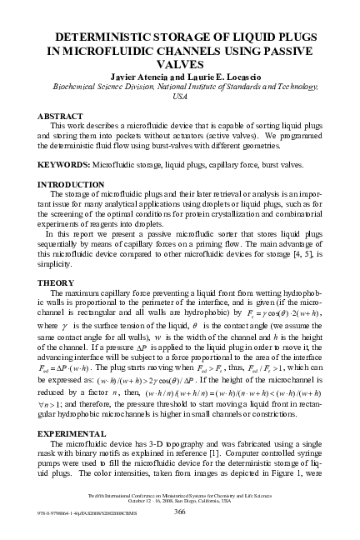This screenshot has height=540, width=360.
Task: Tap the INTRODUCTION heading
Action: (x=72, y=183)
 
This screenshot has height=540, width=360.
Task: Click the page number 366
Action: (x=179, y=512)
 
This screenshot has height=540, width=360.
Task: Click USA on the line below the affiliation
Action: (x=179, y=97)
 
